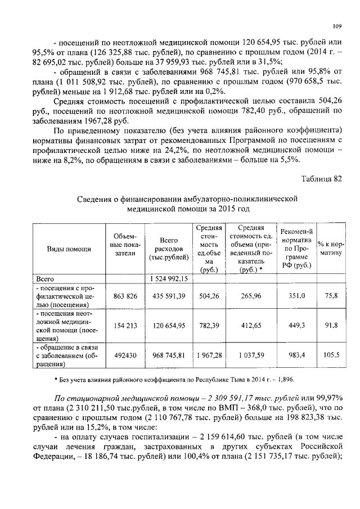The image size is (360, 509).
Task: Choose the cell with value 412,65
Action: (250, 325)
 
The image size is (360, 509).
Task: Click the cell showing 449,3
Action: (296, 325)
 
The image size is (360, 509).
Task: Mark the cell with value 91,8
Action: (331, 325)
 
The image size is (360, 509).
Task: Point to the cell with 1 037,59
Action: (250, 355)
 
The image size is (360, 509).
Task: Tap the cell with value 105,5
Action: (331, 355)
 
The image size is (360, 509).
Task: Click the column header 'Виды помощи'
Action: (66, 249)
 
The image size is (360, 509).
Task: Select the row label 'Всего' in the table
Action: (45, 278)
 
